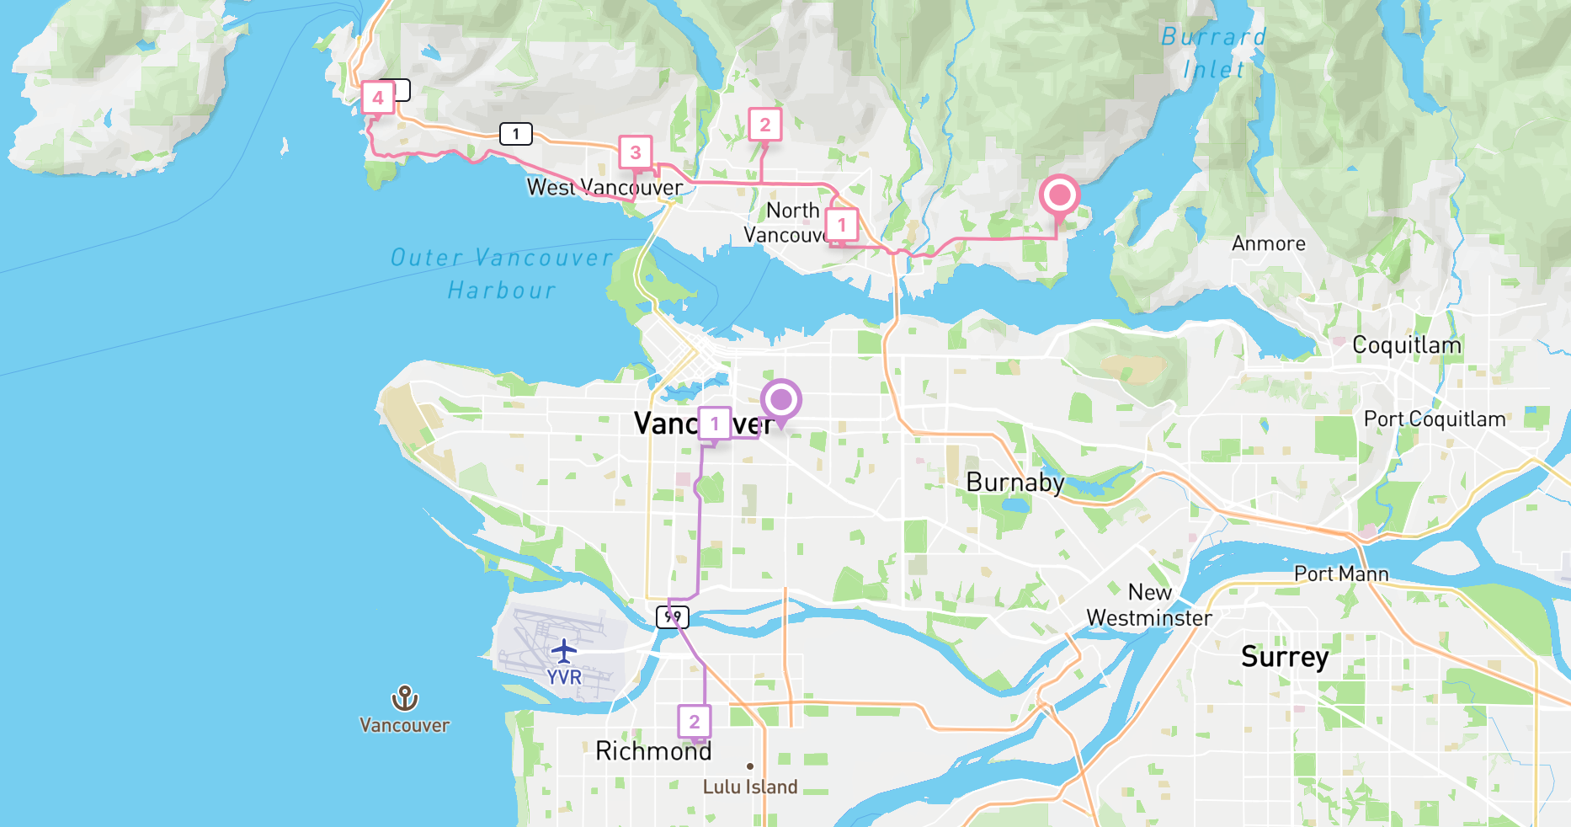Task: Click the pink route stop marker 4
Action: point(378,98)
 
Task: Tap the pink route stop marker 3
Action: point(636,152)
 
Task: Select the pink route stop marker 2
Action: point(765,125)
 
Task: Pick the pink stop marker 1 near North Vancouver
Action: point(842,225)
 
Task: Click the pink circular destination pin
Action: point(1059,195)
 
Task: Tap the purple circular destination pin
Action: point(781,400)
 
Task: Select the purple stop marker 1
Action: point(715,424)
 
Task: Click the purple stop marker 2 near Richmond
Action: point(695,722)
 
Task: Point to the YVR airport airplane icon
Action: point(564,651)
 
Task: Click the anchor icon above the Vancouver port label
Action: point(405,698)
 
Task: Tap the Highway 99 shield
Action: point(673,617)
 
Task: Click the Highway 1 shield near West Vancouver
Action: point(516,134)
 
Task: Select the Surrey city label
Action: point(1285,657)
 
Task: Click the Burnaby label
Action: point(1014,483)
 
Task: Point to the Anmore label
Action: point(1269,244)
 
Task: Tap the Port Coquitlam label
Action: point(1435,419)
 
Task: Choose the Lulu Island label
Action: point(750,787)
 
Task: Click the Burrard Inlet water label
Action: point(1213,53)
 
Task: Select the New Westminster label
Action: point(1149,606)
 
